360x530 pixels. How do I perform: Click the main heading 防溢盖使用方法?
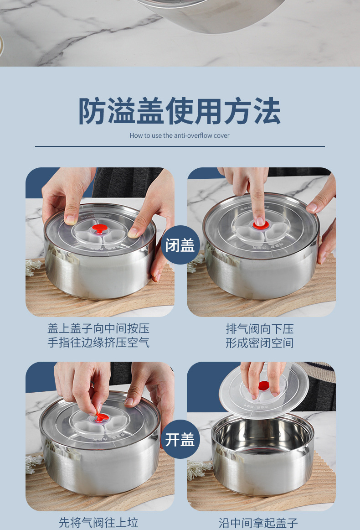point(180,111)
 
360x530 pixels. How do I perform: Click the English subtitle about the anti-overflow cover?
point(180,135)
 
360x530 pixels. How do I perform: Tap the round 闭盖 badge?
point(180,245)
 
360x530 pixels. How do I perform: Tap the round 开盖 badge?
point(180,439)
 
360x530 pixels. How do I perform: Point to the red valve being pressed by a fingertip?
point(260,225)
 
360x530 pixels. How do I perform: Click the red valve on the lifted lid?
point(264,385)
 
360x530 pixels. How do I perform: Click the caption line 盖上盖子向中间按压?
point(98,328)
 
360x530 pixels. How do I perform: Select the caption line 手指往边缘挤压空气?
point(98,343)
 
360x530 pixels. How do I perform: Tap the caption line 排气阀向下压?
point(260,328)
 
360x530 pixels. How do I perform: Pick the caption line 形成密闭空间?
point(260,343)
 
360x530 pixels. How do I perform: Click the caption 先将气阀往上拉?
point(98,523)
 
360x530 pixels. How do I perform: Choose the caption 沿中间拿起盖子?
point(258,523)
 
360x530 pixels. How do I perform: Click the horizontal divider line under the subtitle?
point(180,146)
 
